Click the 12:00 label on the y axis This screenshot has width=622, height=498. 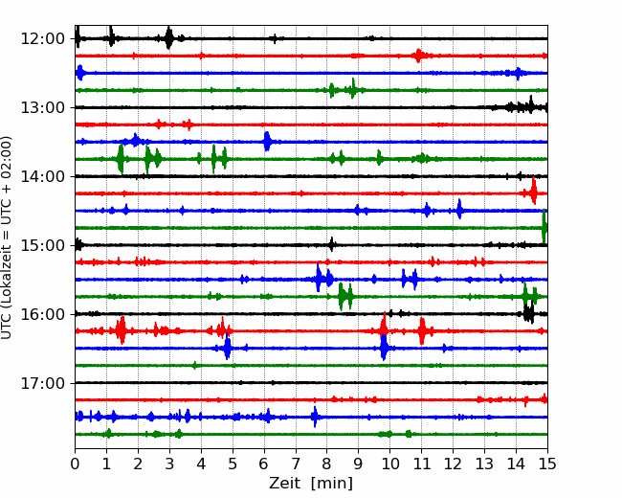42,39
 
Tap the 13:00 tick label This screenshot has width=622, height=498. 42,107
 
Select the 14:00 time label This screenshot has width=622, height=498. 42,176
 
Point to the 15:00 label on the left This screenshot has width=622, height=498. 42,245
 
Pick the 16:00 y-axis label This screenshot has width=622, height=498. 42,314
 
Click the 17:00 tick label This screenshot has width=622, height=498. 42,383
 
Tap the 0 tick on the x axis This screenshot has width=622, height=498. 75,464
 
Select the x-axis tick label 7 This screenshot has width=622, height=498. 296,464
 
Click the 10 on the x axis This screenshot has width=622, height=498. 389,464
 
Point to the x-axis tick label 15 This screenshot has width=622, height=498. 547,464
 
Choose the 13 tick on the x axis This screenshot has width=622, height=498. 484,464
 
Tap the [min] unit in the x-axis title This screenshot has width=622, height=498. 332,484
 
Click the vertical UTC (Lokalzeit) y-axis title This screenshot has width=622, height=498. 6,238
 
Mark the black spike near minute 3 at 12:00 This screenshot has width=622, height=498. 169,37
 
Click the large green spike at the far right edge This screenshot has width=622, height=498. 544,227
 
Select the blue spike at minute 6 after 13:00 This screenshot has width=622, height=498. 267,141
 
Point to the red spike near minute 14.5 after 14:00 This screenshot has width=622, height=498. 534,192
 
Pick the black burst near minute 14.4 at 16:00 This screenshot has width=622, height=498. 529,313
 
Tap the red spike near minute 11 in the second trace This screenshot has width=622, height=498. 418,56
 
